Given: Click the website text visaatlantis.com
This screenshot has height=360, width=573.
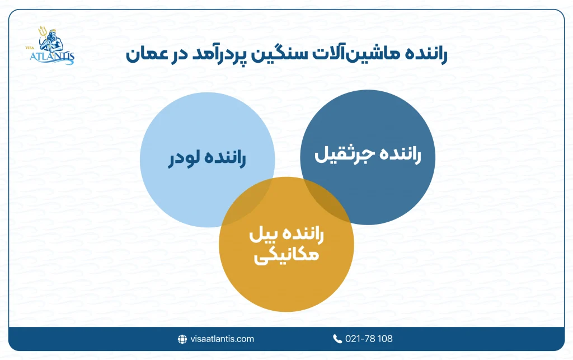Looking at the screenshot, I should click(x=222, y=339).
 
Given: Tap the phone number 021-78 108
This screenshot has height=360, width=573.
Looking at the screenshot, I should click(x=369, y=339).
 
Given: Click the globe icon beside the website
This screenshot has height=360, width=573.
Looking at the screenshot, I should click(x=182, y=339).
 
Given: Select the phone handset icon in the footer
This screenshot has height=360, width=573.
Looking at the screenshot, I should click(x=337, y=339).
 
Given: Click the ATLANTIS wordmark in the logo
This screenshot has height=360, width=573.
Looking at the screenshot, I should click(x=51, y=57).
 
